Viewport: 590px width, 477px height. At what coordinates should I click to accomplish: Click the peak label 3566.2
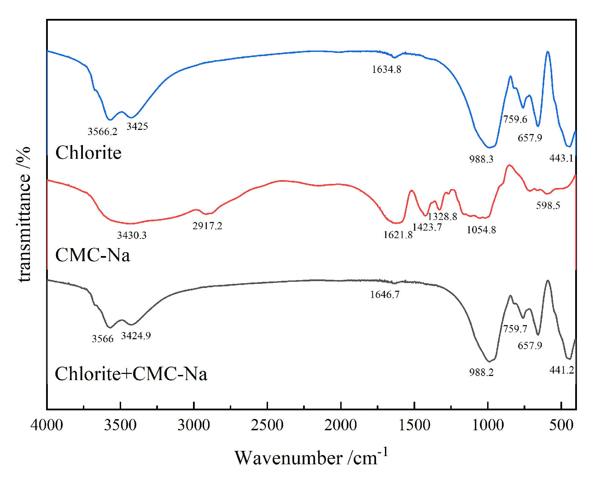click(102, 132)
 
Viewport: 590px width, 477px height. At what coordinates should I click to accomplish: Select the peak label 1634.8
click(386, 69)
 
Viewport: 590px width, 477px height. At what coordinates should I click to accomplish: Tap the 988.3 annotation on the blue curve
click(481, 159)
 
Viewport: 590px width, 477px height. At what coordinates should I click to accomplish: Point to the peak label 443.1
click(561, 158)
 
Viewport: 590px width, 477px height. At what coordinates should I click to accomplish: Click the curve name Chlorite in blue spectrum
click(88, 153)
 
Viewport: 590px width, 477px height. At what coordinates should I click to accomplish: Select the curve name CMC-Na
click(93, 255)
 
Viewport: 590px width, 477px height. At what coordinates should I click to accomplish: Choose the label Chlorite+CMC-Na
click(131, 374)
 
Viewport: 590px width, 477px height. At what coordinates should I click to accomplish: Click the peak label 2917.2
click(207, 226)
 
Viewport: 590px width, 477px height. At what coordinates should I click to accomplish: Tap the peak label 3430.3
click(132, 235)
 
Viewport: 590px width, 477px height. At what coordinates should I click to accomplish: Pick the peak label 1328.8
click(442, 217)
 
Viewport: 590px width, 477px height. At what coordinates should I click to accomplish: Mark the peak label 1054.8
click(481, 230)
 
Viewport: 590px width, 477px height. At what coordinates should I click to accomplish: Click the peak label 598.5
click(548, 206)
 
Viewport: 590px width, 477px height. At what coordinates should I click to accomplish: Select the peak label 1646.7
click(385, 295)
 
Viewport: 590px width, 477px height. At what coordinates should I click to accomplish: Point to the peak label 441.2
click(561, 370)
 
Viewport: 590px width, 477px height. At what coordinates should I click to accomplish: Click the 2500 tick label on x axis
click(267, 425)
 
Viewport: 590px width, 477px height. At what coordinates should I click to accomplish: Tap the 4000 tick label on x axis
click(47, 425)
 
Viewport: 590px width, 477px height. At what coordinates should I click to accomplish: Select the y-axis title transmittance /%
click(24, 214)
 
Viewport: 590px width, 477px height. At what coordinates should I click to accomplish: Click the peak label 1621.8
click(398, 235)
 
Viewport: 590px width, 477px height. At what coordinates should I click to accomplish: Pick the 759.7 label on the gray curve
click(515, 329)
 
